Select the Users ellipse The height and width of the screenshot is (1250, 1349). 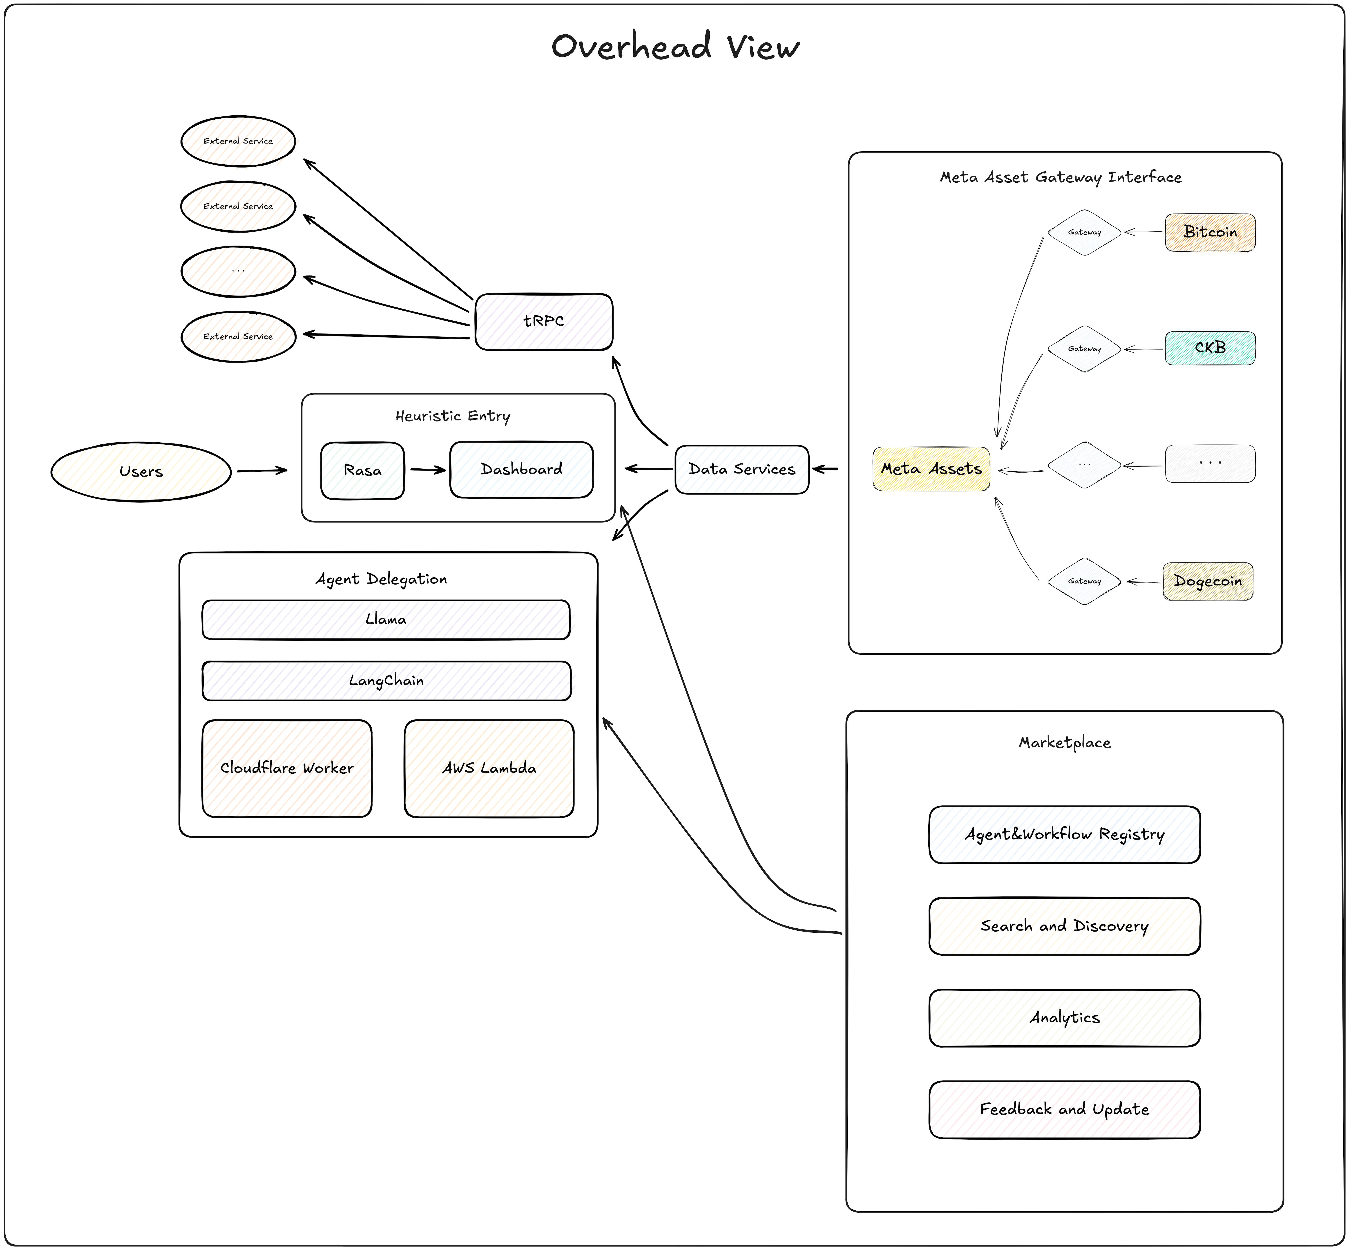[x=141, y=471]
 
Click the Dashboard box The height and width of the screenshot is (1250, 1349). [x=521, y=469]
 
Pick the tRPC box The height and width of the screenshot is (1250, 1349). [x=544, y=321]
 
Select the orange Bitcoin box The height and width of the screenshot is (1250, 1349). [x=1210, y=232]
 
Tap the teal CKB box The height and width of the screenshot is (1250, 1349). [x=1210, y=348]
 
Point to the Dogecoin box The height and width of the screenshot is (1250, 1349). [x=1208, y=581]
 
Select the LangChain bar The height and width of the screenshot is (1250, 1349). [x=386, y=681]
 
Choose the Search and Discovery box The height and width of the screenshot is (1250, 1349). [x=1064, y=926]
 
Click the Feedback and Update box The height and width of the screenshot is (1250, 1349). [x=1064, y=1109]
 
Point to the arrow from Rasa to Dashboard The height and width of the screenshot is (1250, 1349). [x=427, y=469]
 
